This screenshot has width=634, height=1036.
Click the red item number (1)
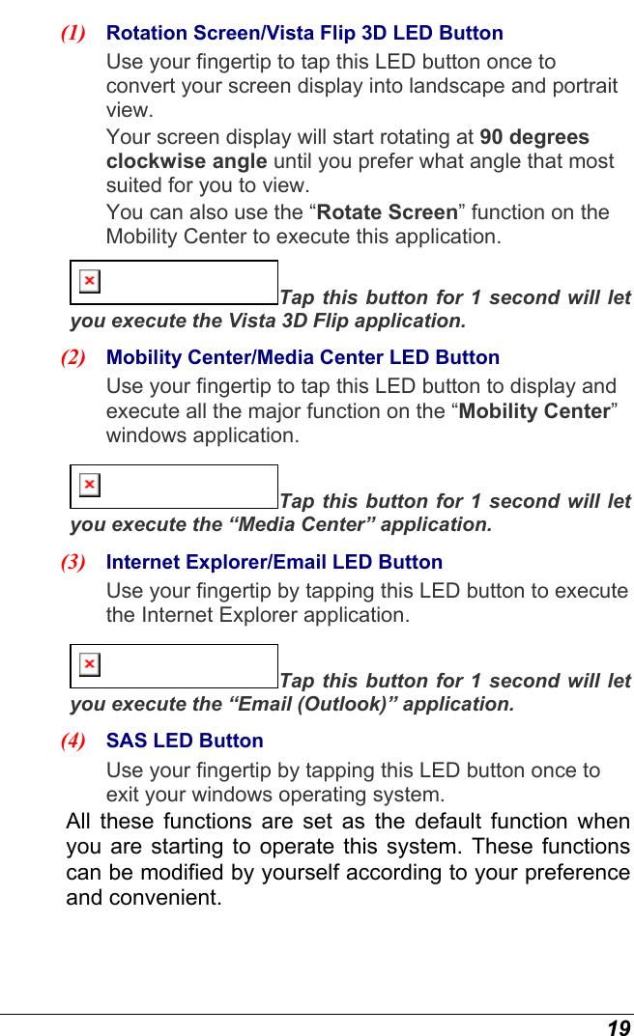coord(73,33)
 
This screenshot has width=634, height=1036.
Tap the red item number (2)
coord(73,357)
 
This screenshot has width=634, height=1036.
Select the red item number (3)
coord(73,562)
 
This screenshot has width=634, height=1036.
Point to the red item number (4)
coord(73,742)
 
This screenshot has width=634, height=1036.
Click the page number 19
coord(619,1027)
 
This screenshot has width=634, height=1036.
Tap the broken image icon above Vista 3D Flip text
coord(89,281)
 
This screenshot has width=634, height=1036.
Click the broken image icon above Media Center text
coord(89,485)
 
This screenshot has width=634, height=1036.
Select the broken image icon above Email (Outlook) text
coord(89,664)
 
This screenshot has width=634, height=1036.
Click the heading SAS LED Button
coord(185,742)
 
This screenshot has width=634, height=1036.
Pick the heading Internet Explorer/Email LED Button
coord(274,562)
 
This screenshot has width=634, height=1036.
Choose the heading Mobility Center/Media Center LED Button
coord(303,357)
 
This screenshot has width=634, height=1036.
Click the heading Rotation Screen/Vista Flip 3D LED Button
coord(304,33)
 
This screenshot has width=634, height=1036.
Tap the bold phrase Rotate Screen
coord(388,212)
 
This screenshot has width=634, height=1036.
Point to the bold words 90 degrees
coord(534,137)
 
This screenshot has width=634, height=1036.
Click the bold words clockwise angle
coord(186,161)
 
